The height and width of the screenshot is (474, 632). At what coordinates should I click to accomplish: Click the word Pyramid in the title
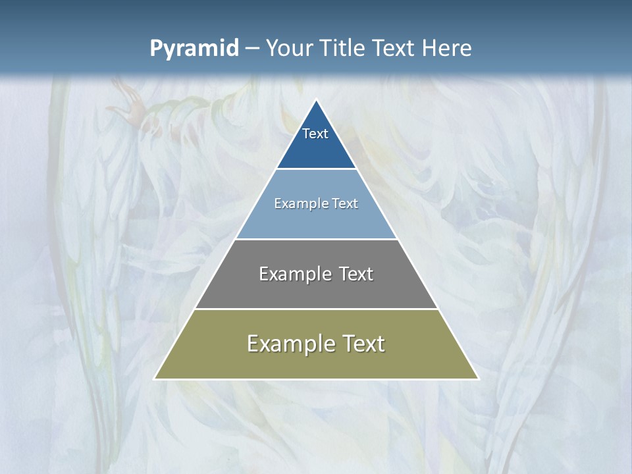(194, 48)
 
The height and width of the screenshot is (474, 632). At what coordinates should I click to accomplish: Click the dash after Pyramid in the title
(251, 49)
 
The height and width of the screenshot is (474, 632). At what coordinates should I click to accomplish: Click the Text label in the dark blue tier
(315, 134)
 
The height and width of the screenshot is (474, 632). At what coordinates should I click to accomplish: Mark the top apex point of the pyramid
(317, 100)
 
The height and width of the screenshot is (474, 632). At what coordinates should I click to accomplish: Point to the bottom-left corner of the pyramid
(155, 379)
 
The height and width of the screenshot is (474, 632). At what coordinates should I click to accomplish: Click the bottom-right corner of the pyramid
(479, 379)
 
